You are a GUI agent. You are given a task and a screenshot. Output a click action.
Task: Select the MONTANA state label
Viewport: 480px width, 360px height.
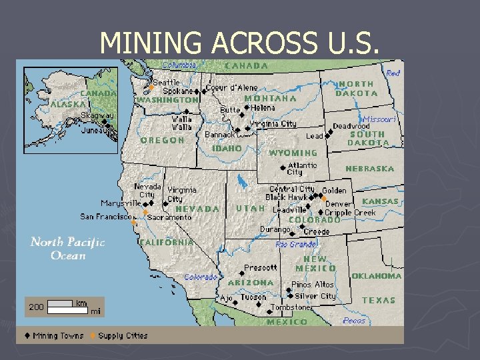click(x=270, y=98)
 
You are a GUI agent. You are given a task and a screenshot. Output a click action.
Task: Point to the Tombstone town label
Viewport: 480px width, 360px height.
click(x=291, y=308)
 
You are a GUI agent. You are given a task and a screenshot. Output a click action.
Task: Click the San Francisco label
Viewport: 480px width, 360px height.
click(x=104, y=217)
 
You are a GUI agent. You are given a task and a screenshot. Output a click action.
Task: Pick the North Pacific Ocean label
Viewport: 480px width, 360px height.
click(x=67, y=248)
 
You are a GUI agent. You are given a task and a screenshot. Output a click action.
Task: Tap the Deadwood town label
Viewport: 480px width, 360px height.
click(x=351, y=126)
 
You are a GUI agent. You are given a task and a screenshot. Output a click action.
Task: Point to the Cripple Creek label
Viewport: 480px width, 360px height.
click(x=351, y=213)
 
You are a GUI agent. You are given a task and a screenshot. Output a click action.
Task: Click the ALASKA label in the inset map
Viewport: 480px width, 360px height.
click(x=67, y=104)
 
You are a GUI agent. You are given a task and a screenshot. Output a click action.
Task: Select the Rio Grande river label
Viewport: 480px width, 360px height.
click(x=296, y=245)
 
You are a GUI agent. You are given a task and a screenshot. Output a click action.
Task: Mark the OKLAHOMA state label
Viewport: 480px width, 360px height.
click(x=377, y=276)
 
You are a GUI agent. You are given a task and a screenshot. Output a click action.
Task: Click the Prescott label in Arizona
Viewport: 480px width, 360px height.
click(x=261, y=268)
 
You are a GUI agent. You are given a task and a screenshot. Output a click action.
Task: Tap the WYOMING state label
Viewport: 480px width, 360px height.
click(x=293, y=153)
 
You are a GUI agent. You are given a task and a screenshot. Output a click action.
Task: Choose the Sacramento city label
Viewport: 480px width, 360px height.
click(x=169, y=217)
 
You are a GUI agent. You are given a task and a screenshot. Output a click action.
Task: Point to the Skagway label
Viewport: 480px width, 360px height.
click(x=97, y=116)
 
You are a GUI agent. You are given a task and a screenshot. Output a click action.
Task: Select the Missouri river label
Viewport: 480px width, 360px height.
click(x=380, y=119)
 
